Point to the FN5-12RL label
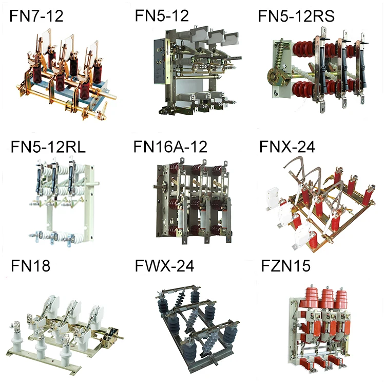click(48, 147)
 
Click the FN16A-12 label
click(170, 147)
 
